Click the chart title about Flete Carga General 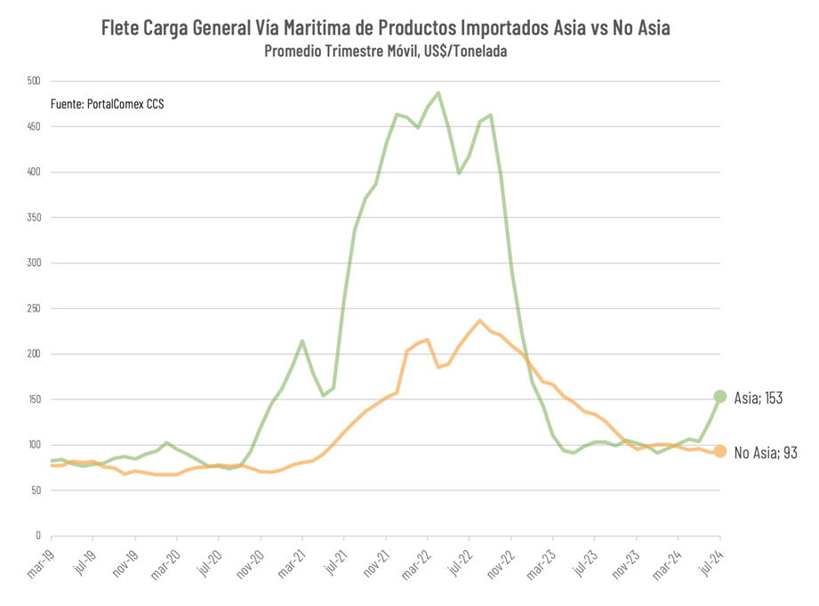click(x=385, y=28)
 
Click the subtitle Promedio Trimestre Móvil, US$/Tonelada click(x=385, y=51)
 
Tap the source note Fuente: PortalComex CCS click(x=107, y=104)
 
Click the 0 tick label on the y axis click(x=37, y=536)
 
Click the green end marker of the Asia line click(x=719, y=397)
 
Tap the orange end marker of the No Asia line click(x=719, y=451)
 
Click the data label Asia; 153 click(x=759, y=398)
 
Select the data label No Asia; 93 click(x=765, y=453)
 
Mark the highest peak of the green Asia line click(x=438, y=93)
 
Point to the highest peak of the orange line click(x=480, y=320)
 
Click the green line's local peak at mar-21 click(x=302, y=341)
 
